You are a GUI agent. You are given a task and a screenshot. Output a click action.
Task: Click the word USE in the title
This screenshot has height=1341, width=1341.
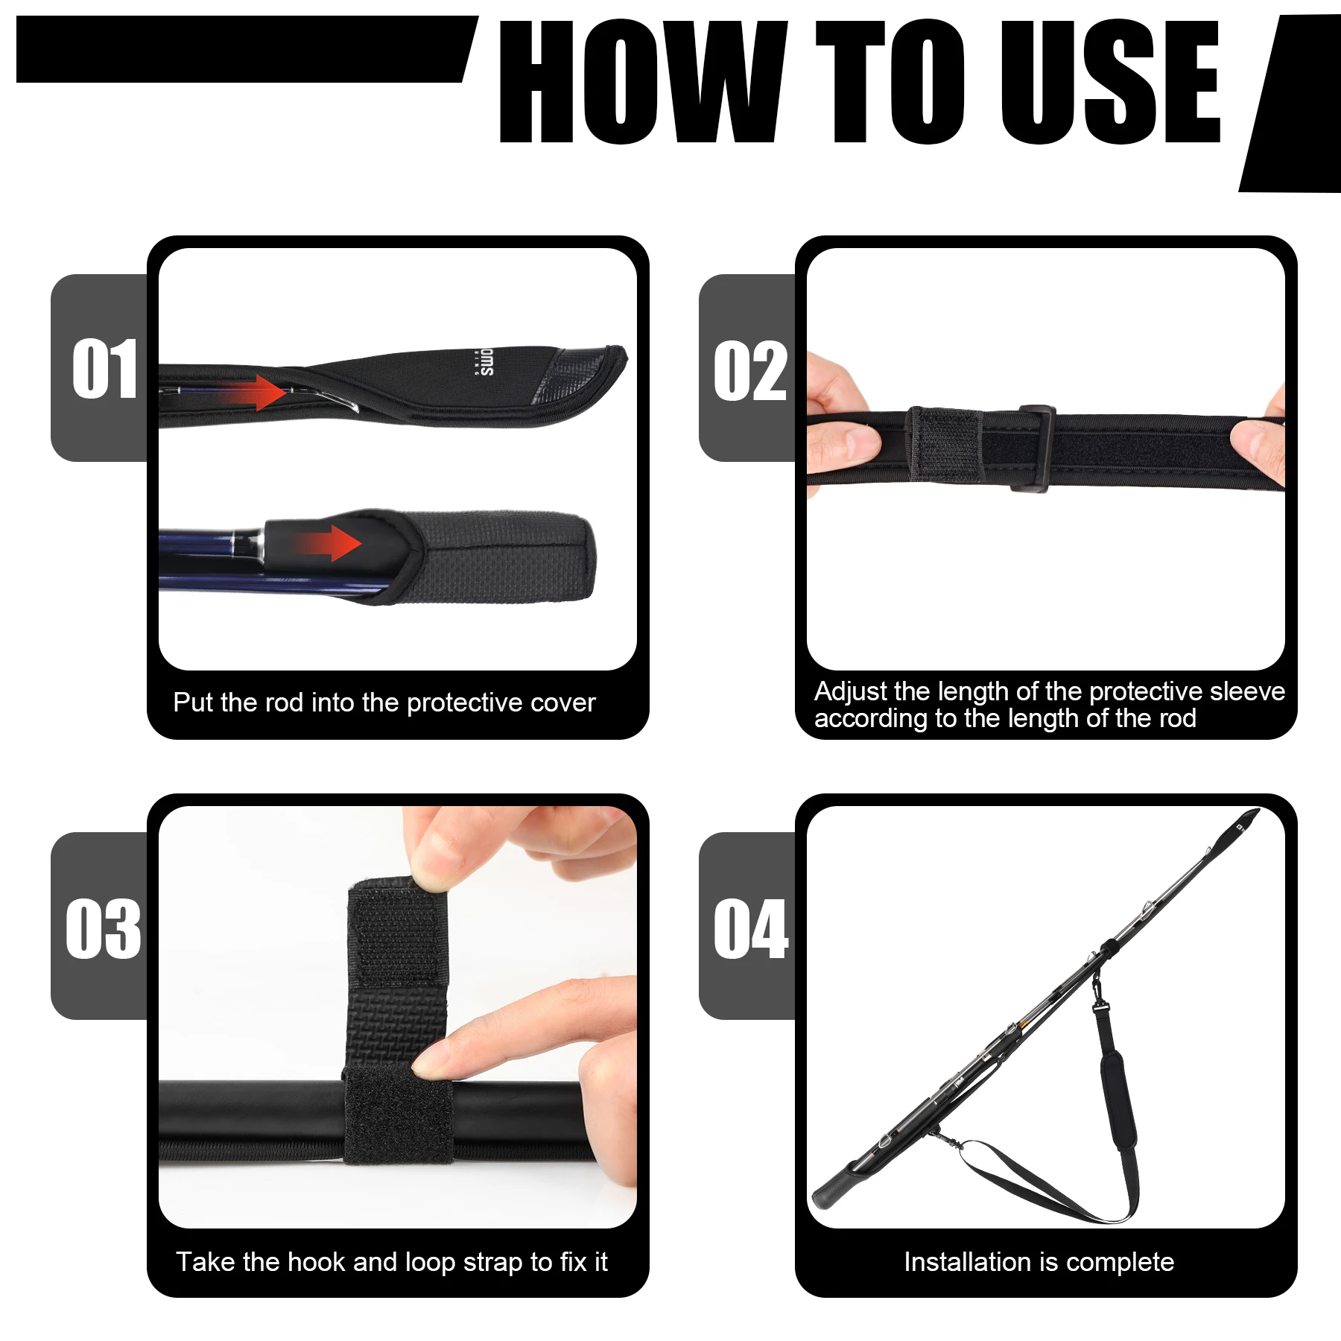1110,82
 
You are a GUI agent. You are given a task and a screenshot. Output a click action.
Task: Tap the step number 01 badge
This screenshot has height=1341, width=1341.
104,368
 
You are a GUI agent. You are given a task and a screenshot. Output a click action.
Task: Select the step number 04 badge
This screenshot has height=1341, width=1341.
749,928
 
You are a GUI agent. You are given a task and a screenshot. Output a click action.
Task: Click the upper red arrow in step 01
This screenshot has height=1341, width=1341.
261,393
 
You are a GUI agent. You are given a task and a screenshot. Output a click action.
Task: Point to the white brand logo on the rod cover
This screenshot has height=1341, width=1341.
485,362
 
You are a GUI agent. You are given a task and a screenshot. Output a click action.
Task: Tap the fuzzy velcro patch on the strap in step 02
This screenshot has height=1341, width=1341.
945,446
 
